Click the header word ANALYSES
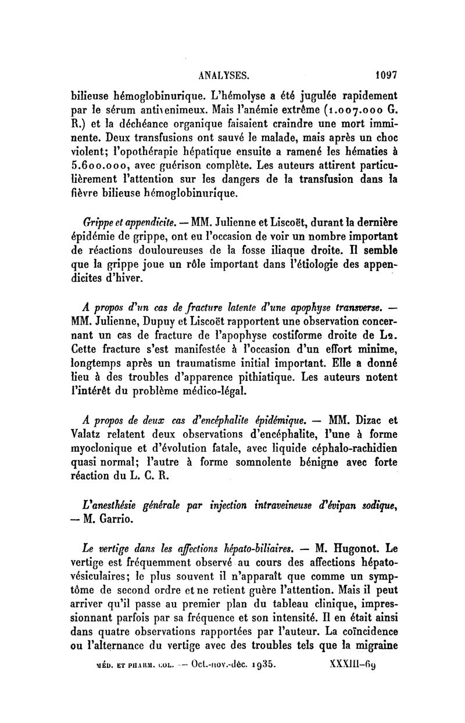pyautogui.click(x=225, y=75)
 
